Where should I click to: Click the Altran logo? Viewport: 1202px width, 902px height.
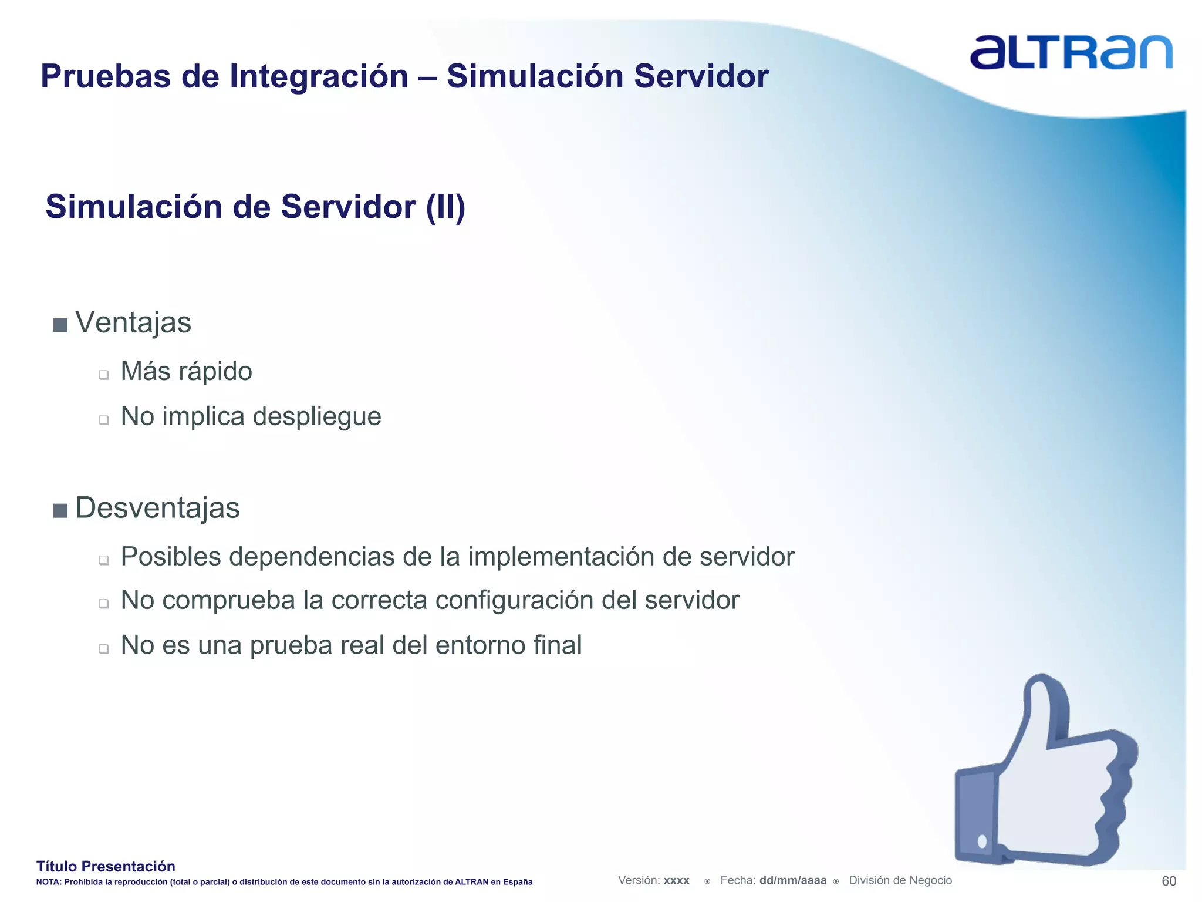tap(1071, 53)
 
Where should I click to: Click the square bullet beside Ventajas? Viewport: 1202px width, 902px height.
tap(60, 325)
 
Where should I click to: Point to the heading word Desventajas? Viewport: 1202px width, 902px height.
tap(157, 508)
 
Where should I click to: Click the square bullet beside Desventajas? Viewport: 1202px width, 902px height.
tap(60, 510)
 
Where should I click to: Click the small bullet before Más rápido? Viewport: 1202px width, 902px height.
tap(104, 375)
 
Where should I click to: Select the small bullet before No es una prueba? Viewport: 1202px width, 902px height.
tap(104, 649)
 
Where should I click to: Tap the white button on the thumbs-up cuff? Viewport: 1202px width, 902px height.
tap(982, 842)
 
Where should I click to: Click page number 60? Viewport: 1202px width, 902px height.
tap(1169, 881)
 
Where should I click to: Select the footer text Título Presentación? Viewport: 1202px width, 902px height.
tap(106, 866)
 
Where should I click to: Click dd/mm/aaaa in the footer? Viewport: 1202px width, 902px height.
tap(792, 880)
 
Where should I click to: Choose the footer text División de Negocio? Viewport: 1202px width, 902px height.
tap(900, 880)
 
